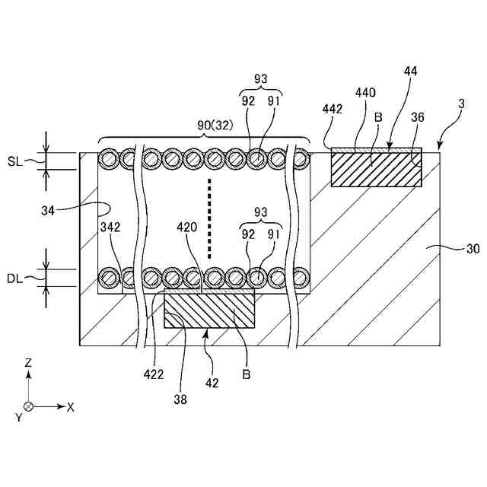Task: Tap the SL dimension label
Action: [x=16, y=161]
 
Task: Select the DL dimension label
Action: [x=16, y=278]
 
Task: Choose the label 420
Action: [x=188, y=226]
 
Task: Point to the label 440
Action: [x=366, y=92]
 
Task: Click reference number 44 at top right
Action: [x=411, y=71]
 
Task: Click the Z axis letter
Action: [x=28, y=364]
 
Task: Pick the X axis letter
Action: [x=71, y=407]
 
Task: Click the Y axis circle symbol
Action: [x=28, y=406]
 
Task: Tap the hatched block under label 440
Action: [x=376, y=169]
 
